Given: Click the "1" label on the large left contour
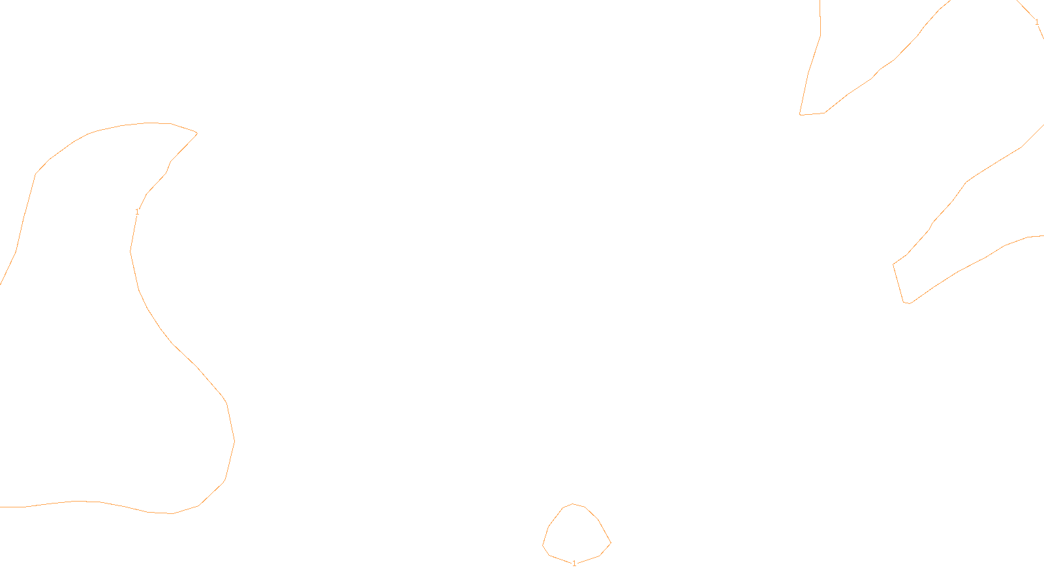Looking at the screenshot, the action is [x=137, y=212].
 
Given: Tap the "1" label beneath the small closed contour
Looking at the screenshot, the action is [x=574, y=564].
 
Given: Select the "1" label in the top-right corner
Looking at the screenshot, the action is [x=1037, y=22].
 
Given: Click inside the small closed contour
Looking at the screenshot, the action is [x=577, y=535].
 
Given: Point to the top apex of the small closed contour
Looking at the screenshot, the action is [x=572, y=504].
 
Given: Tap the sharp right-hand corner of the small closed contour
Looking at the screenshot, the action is [x=611, y=543].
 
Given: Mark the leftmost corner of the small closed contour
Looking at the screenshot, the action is [x=542, y=545].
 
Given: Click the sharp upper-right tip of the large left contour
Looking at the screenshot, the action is [x=197, y=133].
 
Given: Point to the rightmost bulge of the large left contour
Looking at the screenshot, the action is [x=234, y=441].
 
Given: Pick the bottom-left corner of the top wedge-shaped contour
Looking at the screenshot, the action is [x=800, y=115].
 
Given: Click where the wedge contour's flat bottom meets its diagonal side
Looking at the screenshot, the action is [x=825, y=113].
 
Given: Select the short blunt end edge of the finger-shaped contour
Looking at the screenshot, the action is [x=898, y=283].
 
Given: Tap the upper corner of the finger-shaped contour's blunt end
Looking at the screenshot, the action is [x=893, y=265].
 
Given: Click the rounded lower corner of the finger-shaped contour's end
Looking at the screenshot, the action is [x=906, y=303].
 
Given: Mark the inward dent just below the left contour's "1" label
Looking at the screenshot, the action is [x=130, y=252].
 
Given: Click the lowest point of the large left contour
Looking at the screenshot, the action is [x=173, y=513].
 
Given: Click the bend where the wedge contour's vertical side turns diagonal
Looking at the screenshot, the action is [x=820, y=35].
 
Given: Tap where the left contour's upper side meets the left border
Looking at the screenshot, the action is [x=1, y=284].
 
